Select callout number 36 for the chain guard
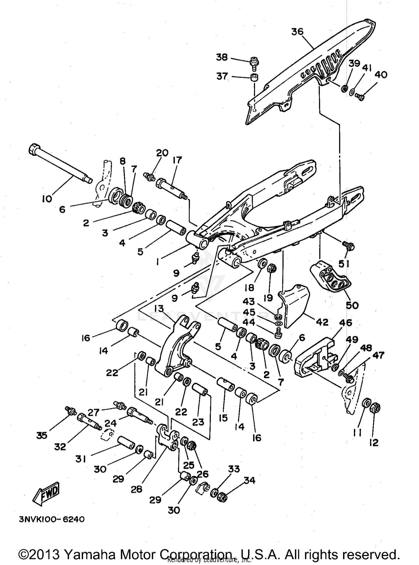click(x=297, y=32)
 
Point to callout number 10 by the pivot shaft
click(x=47, y=199)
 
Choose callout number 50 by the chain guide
click(x=352, y=305)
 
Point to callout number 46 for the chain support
click(x=346, y=322)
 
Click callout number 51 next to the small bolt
click(x=344, y=263)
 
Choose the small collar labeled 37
click(x=254, y=78)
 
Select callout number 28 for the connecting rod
click(x=137, y=489)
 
